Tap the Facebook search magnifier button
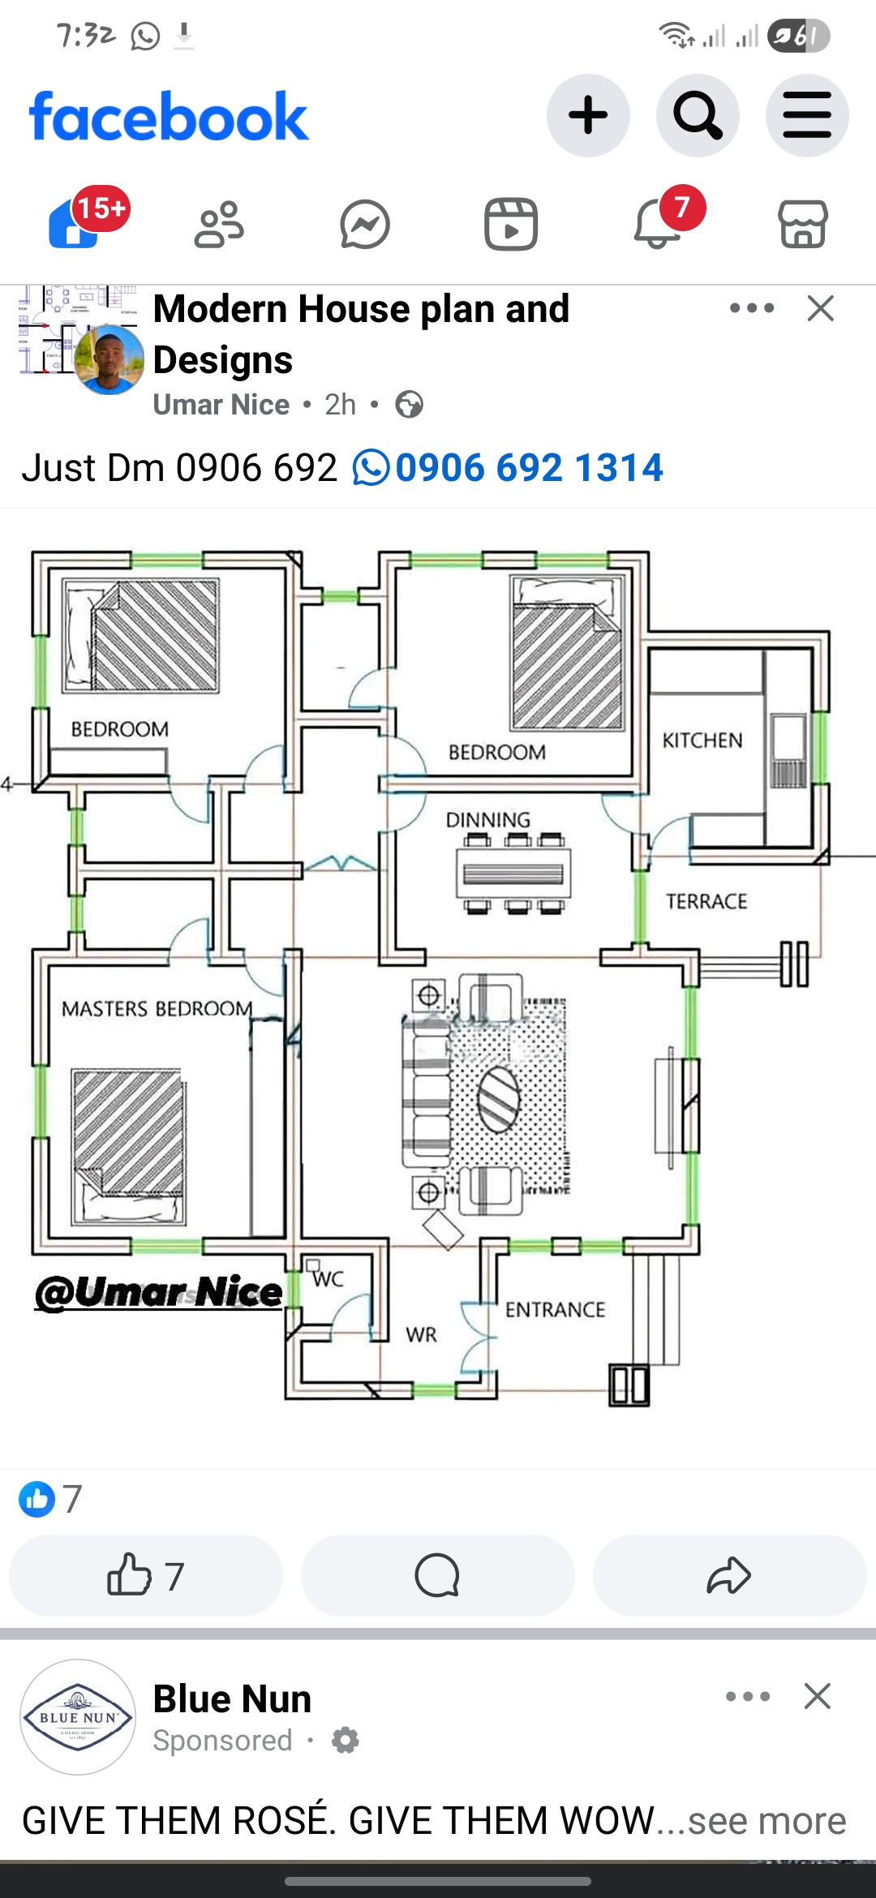click(x=698, y=116)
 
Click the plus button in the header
click(x=588, y=116)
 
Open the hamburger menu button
click(x=807, y=116)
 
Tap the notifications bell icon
click(x=658, y=224)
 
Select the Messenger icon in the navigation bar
click(x=365, y=224)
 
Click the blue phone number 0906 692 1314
click(x=528, y=468)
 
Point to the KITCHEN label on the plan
click(x=702, y=741)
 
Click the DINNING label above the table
click(x=488, y=820)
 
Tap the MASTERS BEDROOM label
click(x=157, y=1009)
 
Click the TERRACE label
click(x=706, y=901)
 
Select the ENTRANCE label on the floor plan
click(x=556, y=1310)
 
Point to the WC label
click(x=328, y=1279)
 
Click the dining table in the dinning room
click(x=513, y=874)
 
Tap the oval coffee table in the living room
click(x=498, y=1099)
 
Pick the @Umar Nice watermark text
click(x=159, y=1292)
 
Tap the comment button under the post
click(x=437, y=1575)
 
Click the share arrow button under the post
click(x=729, y=1575)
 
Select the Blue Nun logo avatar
click(x=78, y=1716)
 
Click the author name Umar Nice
click(x=221, y=404)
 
